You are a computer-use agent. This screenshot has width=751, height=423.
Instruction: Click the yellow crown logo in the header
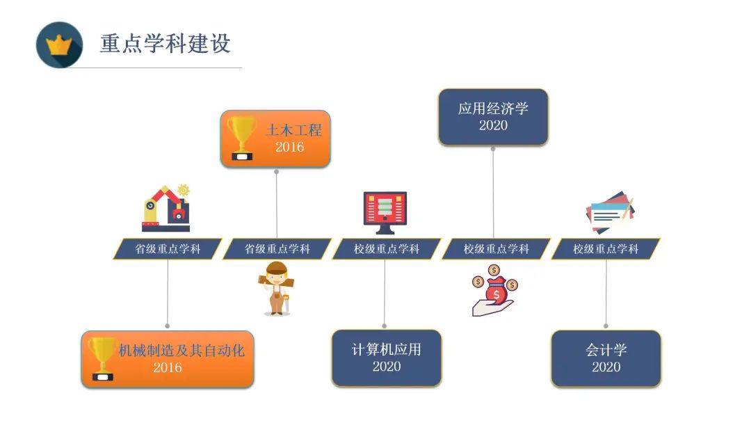pos(59,45)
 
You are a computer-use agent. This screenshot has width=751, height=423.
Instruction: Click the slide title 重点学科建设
pos(165,44)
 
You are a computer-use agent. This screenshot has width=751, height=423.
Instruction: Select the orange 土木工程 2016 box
pos(275,139)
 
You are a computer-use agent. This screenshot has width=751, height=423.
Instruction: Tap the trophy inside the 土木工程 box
pos(242,138)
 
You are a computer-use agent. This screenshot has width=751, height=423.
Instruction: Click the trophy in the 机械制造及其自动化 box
pos(102,359)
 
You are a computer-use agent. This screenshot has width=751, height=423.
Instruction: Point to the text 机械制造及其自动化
pos(181,350)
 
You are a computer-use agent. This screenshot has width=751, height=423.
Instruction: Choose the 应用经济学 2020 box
pos(493,117)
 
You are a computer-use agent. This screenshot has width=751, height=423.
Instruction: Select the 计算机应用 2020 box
pos(387,358)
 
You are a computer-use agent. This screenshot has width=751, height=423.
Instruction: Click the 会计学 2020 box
pos(606,358)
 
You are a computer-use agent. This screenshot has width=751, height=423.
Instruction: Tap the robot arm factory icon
pos(166,209)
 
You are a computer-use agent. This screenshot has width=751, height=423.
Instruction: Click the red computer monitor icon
pos(385,212)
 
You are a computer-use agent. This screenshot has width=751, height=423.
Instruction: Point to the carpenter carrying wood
pos(276,289)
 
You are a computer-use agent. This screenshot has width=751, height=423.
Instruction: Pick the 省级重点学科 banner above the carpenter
pos(277,249)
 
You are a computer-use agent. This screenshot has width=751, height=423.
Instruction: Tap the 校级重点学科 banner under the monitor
pos(387,249)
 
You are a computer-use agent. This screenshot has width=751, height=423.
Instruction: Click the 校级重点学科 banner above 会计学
pos(606,249)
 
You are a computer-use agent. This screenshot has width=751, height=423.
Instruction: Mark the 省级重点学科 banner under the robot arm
pos(167,249)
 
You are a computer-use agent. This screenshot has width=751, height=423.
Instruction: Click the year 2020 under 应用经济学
pos(493,125)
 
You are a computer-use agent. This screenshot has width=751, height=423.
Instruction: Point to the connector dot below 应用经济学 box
pos(493,148)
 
